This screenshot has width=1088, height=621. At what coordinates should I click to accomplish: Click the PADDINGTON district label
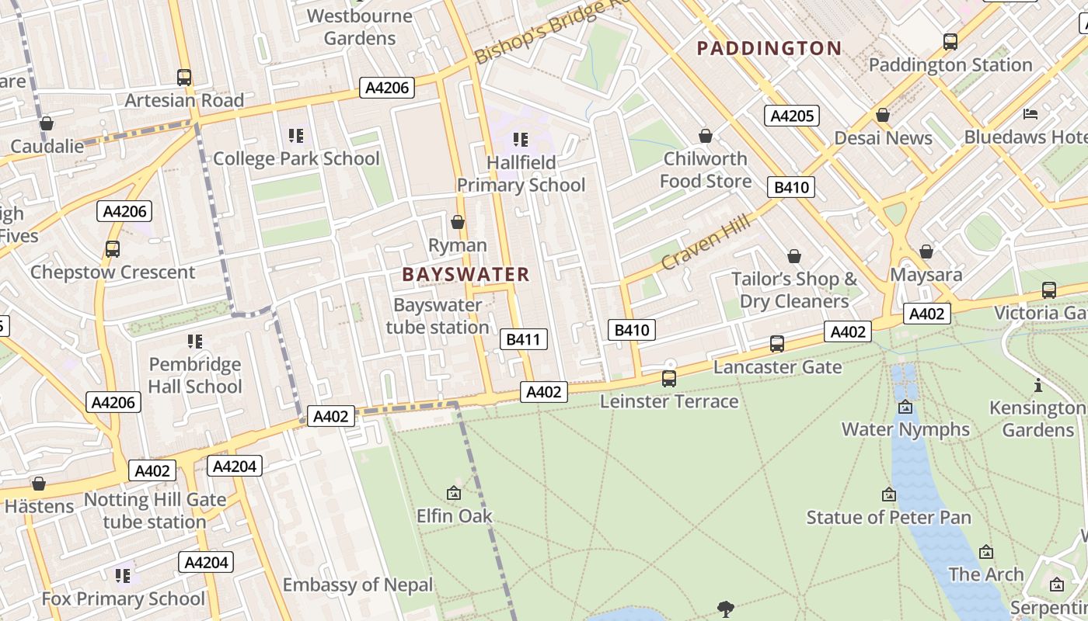pos(769,49)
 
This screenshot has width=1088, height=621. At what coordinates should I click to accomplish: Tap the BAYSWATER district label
pos(466,274)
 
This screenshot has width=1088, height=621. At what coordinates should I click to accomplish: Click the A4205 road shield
pos(792,116)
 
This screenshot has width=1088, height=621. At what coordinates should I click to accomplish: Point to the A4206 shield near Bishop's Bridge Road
pos(387,88)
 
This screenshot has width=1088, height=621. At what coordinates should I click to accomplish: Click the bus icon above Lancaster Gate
pos(776,343)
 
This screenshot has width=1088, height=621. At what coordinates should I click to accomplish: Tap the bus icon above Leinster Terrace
pos(668,379)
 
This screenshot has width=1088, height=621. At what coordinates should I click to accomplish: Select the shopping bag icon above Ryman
pos(458,223)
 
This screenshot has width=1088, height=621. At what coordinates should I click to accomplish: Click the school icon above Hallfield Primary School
pos(521,140)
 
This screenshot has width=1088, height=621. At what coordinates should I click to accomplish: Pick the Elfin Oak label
pos(454,515)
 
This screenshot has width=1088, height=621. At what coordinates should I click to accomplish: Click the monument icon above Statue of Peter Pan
pos(888,494)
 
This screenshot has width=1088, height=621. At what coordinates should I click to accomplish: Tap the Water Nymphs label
pos(905,429)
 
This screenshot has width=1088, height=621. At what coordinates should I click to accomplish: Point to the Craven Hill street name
pos(706,241)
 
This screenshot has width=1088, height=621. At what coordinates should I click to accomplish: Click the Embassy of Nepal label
pos(357,585)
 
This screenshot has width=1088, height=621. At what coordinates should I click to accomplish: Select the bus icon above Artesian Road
pos(184,78)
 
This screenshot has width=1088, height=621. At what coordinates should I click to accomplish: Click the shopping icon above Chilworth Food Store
pos(705,137)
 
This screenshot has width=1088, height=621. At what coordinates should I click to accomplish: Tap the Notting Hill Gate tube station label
pos(155,510)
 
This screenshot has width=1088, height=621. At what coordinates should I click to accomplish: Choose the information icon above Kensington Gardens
pos(1037,385)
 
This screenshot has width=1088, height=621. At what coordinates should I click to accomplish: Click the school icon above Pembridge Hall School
pos(195,342)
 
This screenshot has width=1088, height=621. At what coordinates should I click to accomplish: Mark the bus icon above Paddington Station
pos(950,42)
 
